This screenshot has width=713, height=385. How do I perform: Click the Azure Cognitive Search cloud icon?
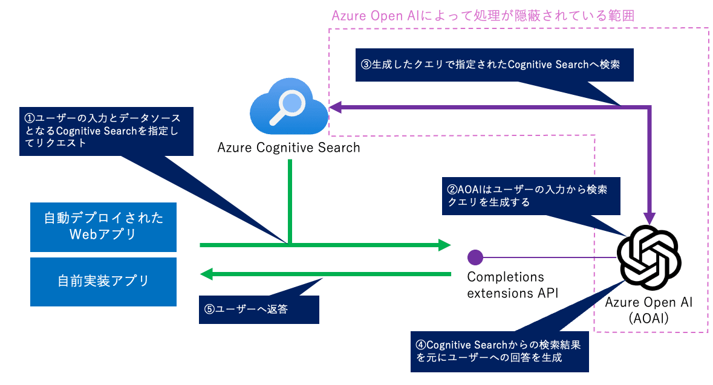click(289, 107)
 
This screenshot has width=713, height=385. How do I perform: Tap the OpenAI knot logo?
click(649, 257)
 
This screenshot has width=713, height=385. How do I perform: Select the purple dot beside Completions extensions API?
click(475, 257)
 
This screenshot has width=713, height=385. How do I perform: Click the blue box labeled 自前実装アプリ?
click(103, 282)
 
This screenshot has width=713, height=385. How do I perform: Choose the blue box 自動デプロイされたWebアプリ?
click(103, 227)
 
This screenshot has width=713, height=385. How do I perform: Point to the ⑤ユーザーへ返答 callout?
click(259, 309)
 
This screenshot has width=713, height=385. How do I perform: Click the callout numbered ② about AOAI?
click(530, 196)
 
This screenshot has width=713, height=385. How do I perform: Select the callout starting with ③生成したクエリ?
click(494, 65)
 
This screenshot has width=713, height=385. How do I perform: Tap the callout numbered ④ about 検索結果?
click(500, 351)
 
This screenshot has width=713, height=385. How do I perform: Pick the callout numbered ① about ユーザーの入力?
click(106, 131)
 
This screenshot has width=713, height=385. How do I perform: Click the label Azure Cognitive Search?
click(288, 147)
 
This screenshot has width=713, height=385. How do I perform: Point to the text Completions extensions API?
click(512, 285)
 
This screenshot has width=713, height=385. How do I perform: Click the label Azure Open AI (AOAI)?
click(649, 310)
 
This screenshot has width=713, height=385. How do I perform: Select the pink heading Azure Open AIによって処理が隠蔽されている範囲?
click(483, 16)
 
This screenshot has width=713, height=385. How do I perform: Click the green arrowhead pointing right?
click(444, 245)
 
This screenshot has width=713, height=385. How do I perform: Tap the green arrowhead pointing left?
click(207, 274)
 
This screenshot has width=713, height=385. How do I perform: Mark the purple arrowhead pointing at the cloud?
click(336, 107)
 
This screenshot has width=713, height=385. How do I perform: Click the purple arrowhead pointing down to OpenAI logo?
click(650, 218)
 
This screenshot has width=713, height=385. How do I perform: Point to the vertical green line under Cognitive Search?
click(290, 202)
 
